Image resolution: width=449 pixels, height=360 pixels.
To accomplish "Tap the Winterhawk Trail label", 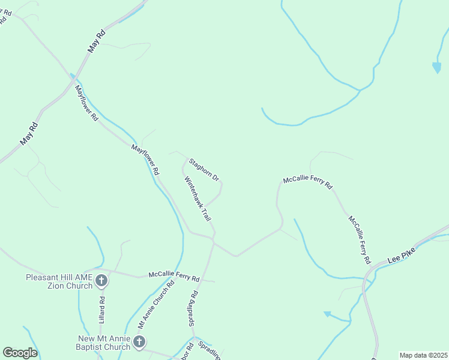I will [x=197, y=199].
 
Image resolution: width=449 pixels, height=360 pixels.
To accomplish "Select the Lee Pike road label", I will [x=402, y=256].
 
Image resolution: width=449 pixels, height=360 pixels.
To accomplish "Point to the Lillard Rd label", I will [x=102, y=310].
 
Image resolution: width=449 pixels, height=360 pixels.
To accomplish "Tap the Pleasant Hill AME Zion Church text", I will [x=59, y=281].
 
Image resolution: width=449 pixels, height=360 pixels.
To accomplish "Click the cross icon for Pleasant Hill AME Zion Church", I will [x=101, y=280].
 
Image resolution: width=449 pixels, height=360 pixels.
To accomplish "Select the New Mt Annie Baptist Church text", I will [x=103, y=343].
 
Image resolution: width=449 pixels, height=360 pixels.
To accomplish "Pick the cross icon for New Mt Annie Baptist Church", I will [x=139, y=343].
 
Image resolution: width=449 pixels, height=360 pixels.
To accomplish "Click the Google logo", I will [x=20, y=353].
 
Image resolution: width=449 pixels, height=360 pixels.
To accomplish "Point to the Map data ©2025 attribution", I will [x=423, y=355].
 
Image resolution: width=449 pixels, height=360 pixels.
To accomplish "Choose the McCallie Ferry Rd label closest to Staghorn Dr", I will [x=307, y=182].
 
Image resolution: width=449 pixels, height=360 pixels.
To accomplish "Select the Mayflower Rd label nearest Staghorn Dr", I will [x=145, y=160].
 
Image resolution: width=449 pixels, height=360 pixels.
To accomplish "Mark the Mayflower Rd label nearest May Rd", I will [x=86, y=103].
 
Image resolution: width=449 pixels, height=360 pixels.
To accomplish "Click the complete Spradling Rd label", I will [x=193, y=309].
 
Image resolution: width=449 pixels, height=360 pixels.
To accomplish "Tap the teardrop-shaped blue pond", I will [x=436, y=67].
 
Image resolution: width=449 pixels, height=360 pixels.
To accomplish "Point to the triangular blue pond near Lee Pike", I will [x=328, y=314].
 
